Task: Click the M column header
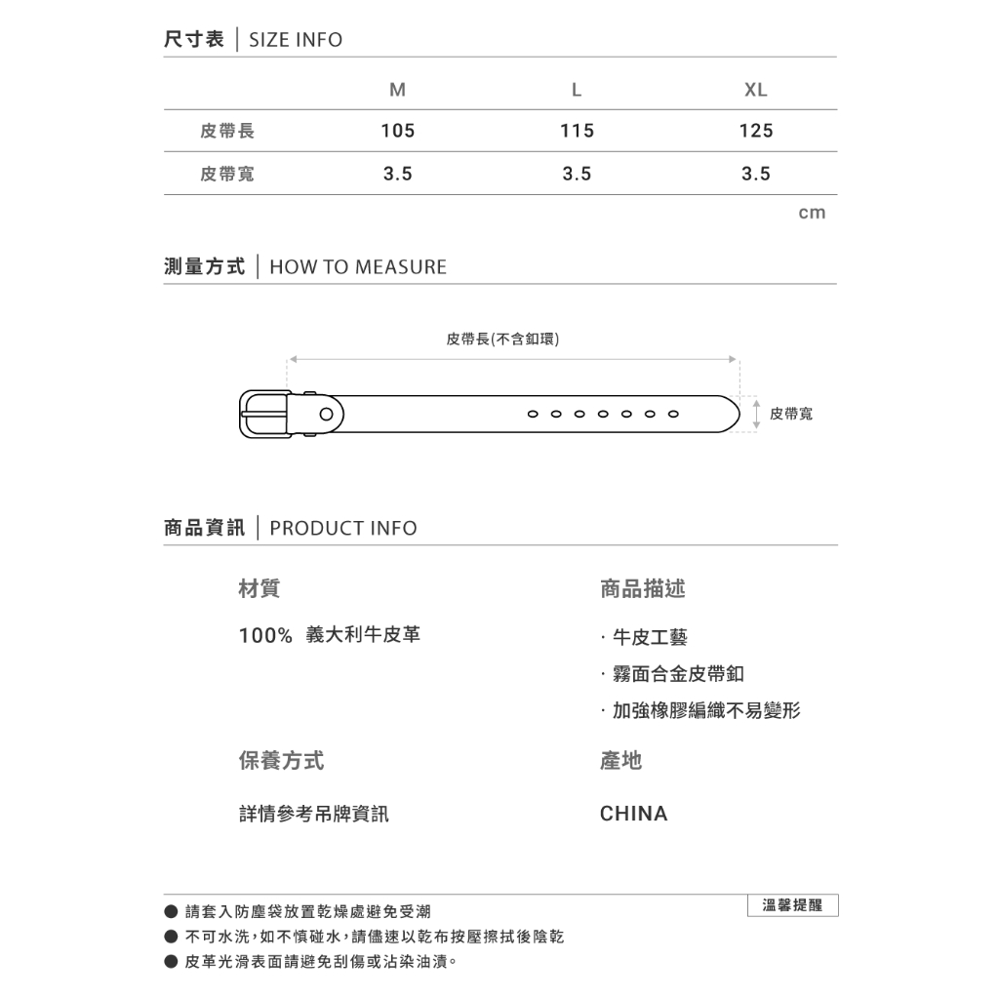tap(397, 90)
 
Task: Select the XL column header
tap(755, 90)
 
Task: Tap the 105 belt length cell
tap(397, 131)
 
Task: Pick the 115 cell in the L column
tap(577, 131)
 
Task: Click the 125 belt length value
tap(756, 131)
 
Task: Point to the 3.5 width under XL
tap(756, 174)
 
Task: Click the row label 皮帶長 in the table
tap(227, 131)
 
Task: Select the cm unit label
tap(812, 213)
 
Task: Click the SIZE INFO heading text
tap(296, 40)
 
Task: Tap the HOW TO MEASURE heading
tap(357, 267)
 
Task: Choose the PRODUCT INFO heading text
tap(342, 529)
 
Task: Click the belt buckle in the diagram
tap(264, 415)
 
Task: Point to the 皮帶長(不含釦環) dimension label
tap(502, 340)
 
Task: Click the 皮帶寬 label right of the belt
tap(790, 415)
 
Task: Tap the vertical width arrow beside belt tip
tap(757, 413)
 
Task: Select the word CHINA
tap(633, 814)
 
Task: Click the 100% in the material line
tap(265, 636)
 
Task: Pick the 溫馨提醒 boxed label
tap(791, 905)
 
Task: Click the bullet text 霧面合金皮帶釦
tap(678, 674)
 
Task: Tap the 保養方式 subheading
tap(281, 761)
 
